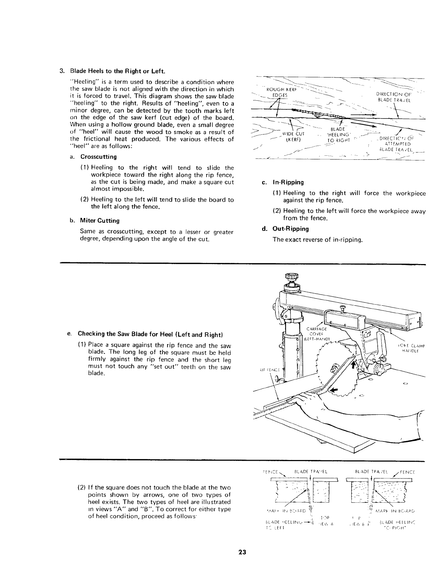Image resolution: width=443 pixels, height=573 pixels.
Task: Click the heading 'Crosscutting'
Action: point(98,157)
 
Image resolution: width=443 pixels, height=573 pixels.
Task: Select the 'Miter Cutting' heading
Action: point(100,221)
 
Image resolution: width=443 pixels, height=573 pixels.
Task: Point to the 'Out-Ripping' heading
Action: point(290,229)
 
